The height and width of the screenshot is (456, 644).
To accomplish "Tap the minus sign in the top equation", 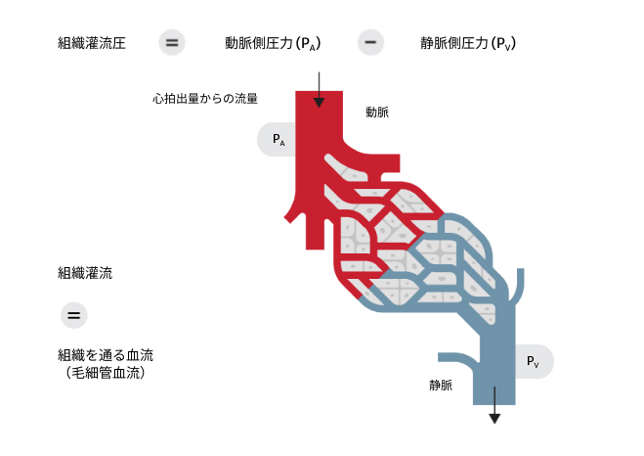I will (370, 43).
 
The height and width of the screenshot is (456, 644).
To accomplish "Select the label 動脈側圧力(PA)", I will (273, 43).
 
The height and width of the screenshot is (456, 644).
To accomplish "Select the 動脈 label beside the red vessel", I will (377, 113).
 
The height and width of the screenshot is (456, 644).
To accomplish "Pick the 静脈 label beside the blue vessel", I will (441, 386).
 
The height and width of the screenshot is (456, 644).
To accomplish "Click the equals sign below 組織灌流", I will (74, 315).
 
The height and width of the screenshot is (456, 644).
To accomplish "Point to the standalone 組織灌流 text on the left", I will (85, 273).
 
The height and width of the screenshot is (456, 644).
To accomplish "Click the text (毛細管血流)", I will (106, 373).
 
